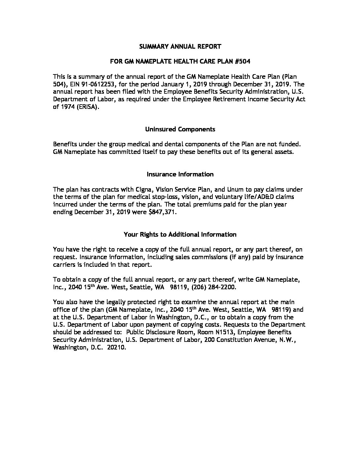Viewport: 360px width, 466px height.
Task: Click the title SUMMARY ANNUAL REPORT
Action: (180, 46)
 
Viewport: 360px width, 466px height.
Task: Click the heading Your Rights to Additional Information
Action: (180, 234)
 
